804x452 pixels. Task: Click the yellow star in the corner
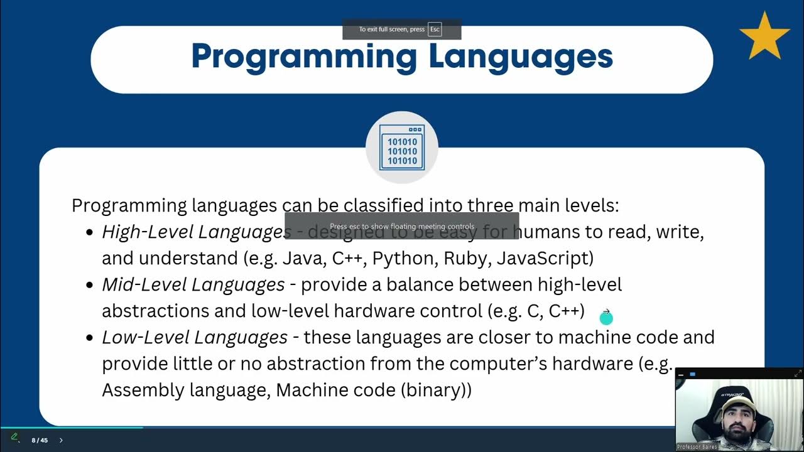[764, 37]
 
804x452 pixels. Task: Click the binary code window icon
[402, 148]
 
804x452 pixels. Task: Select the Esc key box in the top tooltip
[435, 30]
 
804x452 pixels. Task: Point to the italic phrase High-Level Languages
[196, 232]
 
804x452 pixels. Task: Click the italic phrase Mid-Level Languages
[193, 285]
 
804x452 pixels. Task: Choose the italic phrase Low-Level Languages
[195, 338]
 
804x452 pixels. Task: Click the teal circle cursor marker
[606, 318]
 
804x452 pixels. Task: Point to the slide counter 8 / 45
[40, 440]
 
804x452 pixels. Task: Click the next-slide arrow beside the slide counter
[61, 440]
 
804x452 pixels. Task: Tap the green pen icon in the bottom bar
[14, 437]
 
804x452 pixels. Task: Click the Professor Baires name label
[697, 447]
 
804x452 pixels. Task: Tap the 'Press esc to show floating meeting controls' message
[402, 226]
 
